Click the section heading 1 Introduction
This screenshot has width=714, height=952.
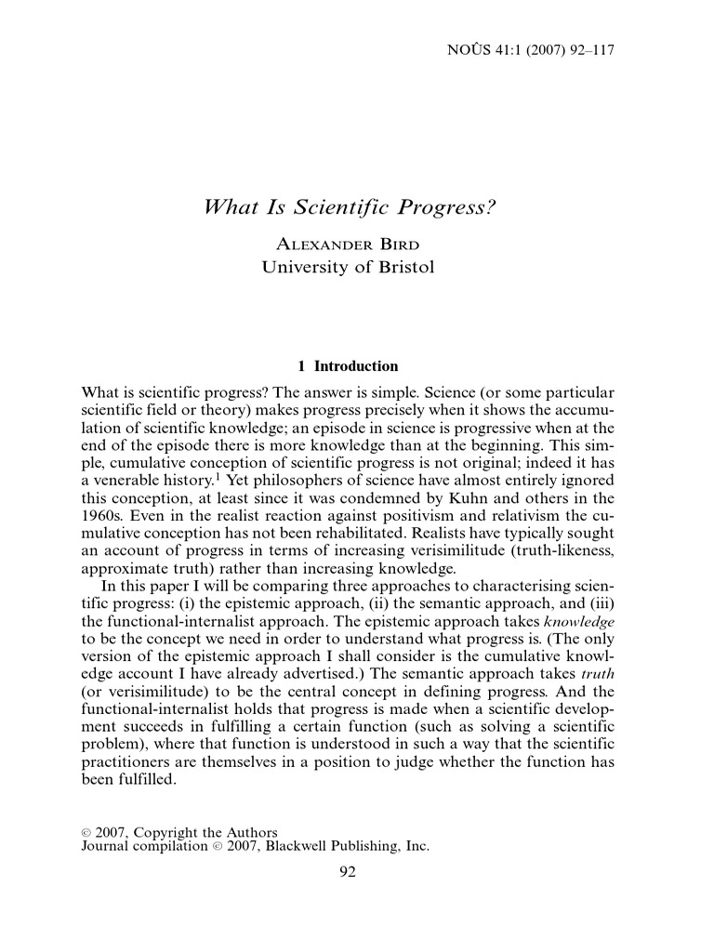pyautogui.click(x=346, y=366)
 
